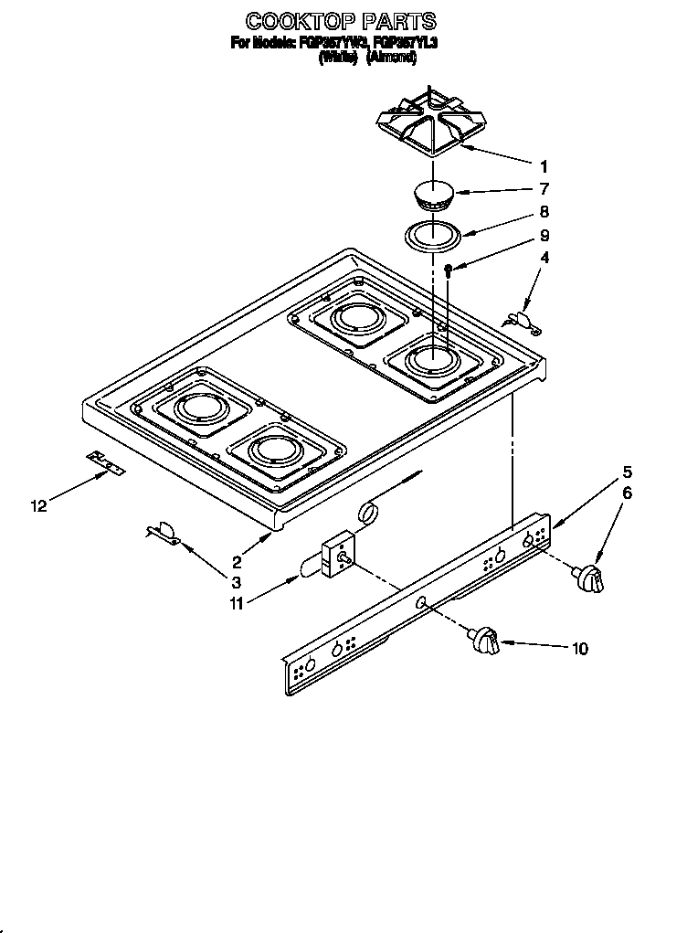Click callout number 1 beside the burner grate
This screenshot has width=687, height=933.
tap(543, 166)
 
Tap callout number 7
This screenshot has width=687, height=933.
tap(543, 190)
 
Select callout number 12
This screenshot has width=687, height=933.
tap(37, 506)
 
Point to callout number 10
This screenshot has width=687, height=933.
tap(579, 649)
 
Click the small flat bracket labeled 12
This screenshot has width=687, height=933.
tap(106, 463)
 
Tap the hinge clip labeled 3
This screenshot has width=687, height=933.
tap(163, 533)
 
